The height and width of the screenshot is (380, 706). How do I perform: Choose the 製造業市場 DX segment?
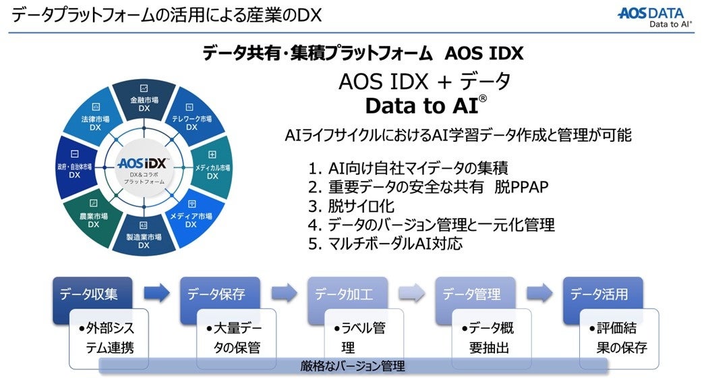(x=144, y=236)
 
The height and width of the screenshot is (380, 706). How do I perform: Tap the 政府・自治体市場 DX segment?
(x=75, y=168)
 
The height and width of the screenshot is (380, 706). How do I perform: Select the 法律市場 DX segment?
(x=96, y=121)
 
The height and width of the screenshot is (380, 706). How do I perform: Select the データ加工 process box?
(x=343, y=295)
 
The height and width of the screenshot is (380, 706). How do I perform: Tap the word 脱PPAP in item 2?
(x=521, y=187)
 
